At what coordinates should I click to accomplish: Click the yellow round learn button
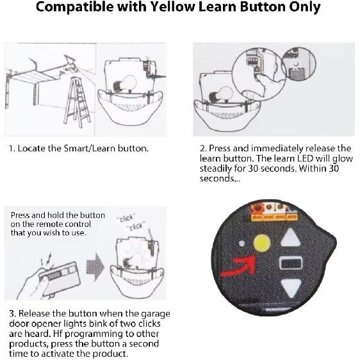(x=261, y=243)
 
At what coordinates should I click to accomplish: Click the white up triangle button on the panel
(x=290, y=238)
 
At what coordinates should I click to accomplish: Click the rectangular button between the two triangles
(x=290, y=263)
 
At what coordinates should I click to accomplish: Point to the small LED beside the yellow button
(x=241, y=243)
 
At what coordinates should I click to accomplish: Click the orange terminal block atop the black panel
(x=274, y=213)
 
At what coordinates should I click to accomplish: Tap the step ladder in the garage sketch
(x=78, y=102)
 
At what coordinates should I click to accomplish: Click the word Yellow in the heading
(x=172, y=7)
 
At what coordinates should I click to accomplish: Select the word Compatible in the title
(x=74, y=7)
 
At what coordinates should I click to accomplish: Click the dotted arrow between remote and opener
(x=95, y=266)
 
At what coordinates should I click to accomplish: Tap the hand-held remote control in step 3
(x=60, y=278)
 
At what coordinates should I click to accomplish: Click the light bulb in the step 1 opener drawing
(x=124, y=85)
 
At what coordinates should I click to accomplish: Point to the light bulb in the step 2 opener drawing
(x=221, y=95)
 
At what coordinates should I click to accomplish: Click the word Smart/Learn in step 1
(x=90, y=149)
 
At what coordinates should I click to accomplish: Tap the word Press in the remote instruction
(x=20, y=215)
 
